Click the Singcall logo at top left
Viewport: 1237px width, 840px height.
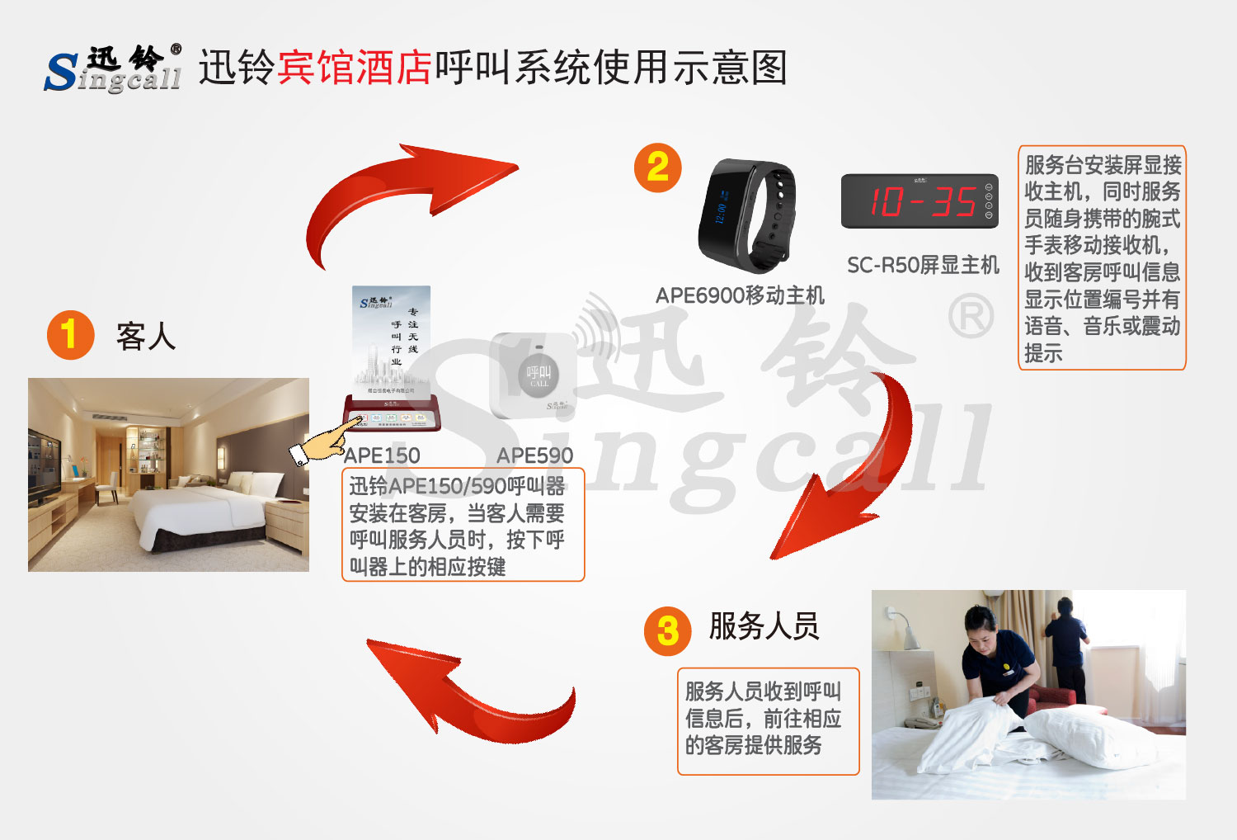pyautogui.click(x=113, y=68)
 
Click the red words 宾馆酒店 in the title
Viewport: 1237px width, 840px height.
pyautogui.click(x=355, y=68)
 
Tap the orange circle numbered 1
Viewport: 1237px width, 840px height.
pyautogui.click(x=70, y=335)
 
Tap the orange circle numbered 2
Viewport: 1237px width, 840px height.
pyautogui.click(x=657, y=168)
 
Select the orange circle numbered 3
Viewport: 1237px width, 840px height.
pyautogui.click(x=667, y=632)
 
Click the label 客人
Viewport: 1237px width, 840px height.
pyautogui.click(x=146, y=337)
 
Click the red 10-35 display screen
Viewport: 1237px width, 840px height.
pyautogui.click(x=919, y=201)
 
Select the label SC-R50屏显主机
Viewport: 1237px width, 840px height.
pyautogui.click(x=922, y=265)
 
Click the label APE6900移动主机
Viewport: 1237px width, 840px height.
pyautogui.click(x=739, y=295)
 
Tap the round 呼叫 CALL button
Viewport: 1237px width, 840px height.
pyautogui.click(x=538, y=375)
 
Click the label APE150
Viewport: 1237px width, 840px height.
pyautogui.click(x=382, y=455)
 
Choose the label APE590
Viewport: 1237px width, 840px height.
pyautogui.click(x=534, y=455)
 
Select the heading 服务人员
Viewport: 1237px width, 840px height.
pyautogui.click(x=764, y=626)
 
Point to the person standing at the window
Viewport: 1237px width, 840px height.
pyautogui.click(x=1070, y=648)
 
